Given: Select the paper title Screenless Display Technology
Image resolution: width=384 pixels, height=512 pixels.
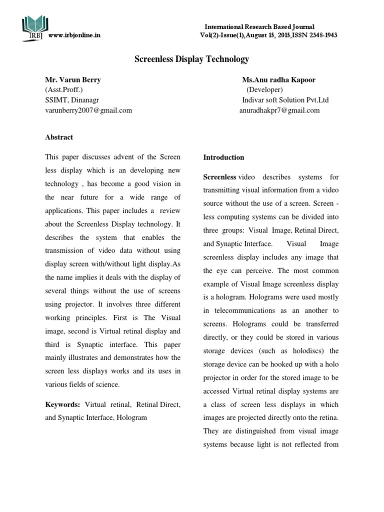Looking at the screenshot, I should tap(191, 59).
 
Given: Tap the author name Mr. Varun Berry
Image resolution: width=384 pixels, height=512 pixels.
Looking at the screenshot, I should tap(73, 80).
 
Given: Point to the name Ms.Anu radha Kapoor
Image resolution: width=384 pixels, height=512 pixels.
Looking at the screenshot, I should tap(278, 80).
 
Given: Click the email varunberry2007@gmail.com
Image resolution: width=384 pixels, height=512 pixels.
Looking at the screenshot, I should tap(88, 110).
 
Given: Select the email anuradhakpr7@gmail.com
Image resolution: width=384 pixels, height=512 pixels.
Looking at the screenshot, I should tap(279, 110).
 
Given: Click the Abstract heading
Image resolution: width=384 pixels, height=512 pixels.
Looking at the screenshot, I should tap(59, 137).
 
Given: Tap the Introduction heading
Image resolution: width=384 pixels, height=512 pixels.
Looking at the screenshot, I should tap(223, 157).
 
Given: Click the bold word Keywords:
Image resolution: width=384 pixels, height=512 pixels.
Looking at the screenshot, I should tap(62, 404).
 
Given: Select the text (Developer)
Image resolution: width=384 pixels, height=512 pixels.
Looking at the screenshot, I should tap(264, 90).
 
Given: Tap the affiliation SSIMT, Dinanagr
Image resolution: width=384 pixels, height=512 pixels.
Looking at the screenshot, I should tap(72, 100).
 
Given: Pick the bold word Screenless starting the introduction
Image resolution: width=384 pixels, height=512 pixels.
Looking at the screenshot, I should tap(219, 177).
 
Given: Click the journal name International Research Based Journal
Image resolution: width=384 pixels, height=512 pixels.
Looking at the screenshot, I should tap(260, 26).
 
